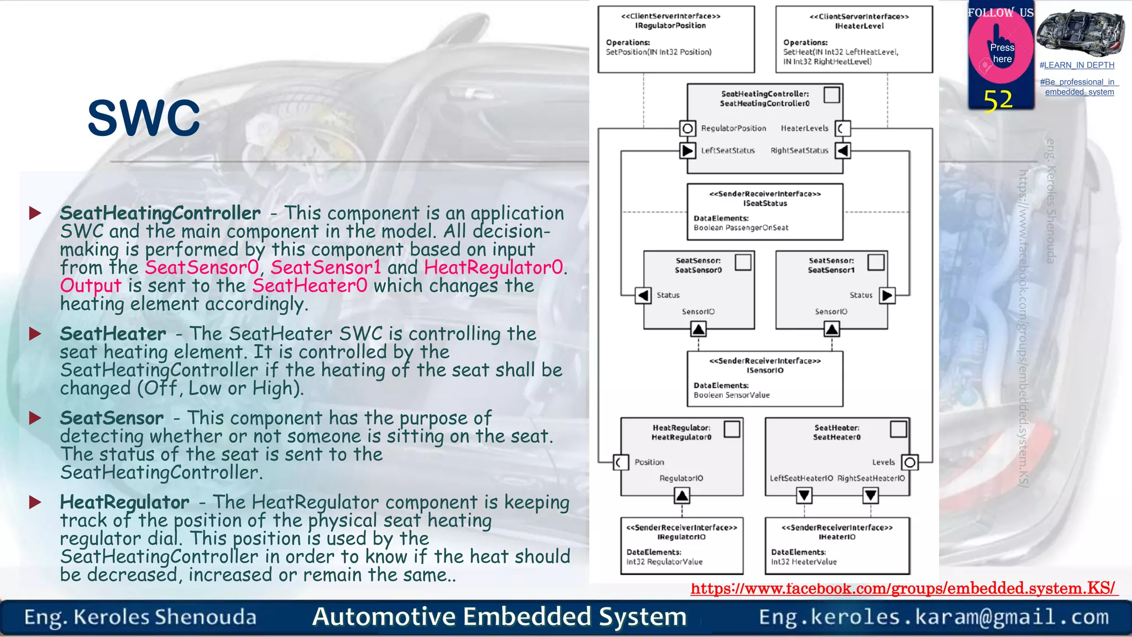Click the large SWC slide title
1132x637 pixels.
(x=144, y=118)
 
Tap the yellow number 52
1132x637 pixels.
(x=998, y=101)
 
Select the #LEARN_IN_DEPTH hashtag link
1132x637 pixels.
(x=1077, y=65)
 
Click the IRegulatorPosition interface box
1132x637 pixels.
(x=676, y=39)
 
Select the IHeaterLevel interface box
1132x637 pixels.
(x=854, y=39)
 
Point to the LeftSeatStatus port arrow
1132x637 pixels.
(x=688, y=150)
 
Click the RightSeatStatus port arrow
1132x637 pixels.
(x=842, y=150)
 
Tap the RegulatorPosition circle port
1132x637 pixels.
(x=688, y=128)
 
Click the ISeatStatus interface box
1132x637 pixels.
(x=765, y=212)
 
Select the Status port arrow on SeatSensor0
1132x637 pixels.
(x=643, y=295)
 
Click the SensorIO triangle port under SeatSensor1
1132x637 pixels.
(x=832, y=330)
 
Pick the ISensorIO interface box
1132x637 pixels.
(x=765, y=379)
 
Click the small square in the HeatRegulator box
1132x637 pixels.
(x=732, y=429)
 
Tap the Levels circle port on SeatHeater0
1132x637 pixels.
(x=910, y=462)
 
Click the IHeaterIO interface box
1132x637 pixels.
(x=837, y=545)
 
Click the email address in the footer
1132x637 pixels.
(x=934, y=617)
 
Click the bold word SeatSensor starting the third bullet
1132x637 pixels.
(x=112, y=418)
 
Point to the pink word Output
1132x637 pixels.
(x=90, y=286)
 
